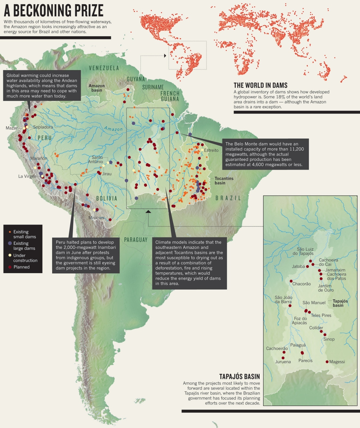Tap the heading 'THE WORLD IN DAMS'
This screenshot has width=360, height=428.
[x=260, y=85]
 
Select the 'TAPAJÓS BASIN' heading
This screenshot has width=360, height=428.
[x=239, y=376]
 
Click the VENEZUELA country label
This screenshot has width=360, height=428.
[x=104, y=68]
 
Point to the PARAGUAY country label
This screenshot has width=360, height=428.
[x=135, y=240]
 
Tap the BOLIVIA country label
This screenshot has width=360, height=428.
[x=107, y=198]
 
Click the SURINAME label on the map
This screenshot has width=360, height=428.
[x=153, y=87]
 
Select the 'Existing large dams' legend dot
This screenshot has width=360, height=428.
[x=10, y=243]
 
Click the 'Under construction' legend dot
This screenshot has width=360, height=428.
[x=10, y=255]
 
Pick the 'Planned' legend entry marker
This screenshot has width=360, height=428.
[x=10, y=267]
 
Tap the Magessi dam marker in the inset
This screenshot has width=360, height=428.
[x=327, y=362]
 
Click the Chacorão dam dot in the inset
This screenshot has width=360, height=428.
[x=291, y=281]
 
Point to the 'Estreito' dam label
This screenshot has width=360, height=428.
[x=211, y=150]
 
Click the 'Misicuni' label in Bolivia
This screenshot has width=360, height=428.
[x=96, y=218]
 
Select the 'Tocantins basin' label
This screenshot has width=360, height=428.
[x=224, y=180]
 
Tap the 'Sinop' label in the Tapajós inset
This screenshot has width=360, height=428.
[x=329, y=339]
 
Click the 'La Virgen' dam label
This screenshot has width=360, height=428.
[x=27, y=176]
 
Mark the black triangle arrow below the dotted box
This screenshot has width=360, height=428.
[x=148, y=211]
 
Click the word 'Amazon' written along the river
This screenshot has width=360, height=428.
[x=113, y=129]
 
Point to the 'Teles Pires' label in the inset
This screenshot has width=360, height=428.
[x=321, y=315]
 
